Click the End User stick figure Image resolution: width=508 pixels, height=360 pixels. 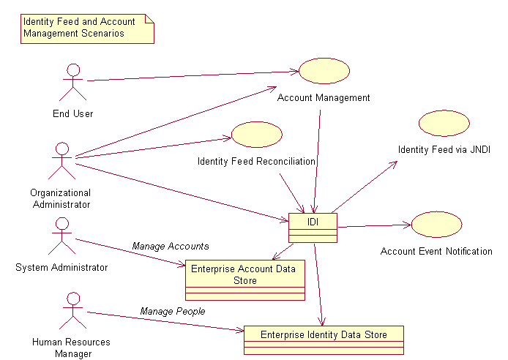pyautogui.click(x=72, y=81)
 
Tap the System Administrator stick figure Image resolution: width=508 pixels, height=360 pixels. pyautogui.click(x=62, y=235)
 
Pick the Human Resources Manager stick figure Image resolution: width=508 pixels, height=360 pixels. pyautogui.click(x=72, y=310)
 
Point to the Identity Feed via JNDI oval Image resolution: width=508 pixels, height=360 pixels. pyautogui.click(x=444, y=123)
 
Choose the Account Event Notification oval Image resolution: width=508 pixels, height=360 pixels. pyautogui.click(x=436, y=225)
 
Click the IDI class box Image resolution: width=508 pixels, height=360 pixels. pyautogui.click(x=313, y=227)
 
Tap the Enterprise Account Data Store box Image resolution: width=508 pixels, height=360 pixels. pyautogui.click(x=244, y=280)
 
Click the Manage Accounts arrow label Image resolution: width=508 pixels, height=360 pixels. pyautogui.click(x=171, y=246)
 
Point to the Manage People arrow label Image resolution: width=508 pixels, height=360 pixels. pyautogui.click(x=173, y=311)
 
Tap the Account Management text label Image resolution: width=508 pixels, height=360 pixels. pyautogui.click(x=324, y=97)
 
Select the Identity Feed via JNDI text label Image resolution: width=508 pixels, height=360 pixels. pyautogui.click(x=444, y=149)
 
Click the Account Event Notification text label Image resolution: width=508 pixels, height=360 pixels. pyautogui.click(x=436, y=251)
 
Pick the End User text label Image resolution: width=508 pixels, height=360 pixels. pyautogui.click(x=72, y=113)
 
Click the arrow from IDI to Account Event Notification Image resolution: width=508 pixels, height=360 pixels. pyautogui.click(x=373, y=226)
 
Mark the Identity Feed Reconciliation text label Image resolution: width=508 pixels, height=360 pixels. pyautogui.click(x=256, y=160)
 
